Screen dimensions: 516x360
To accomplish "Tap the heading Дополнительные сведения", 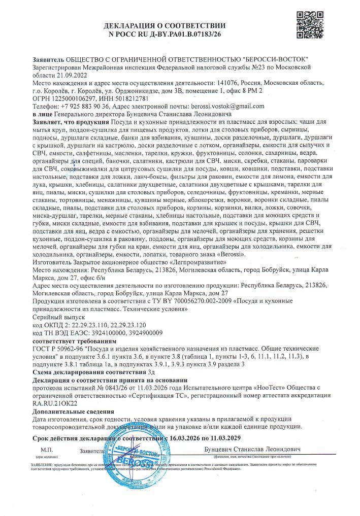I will point(73,411).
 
